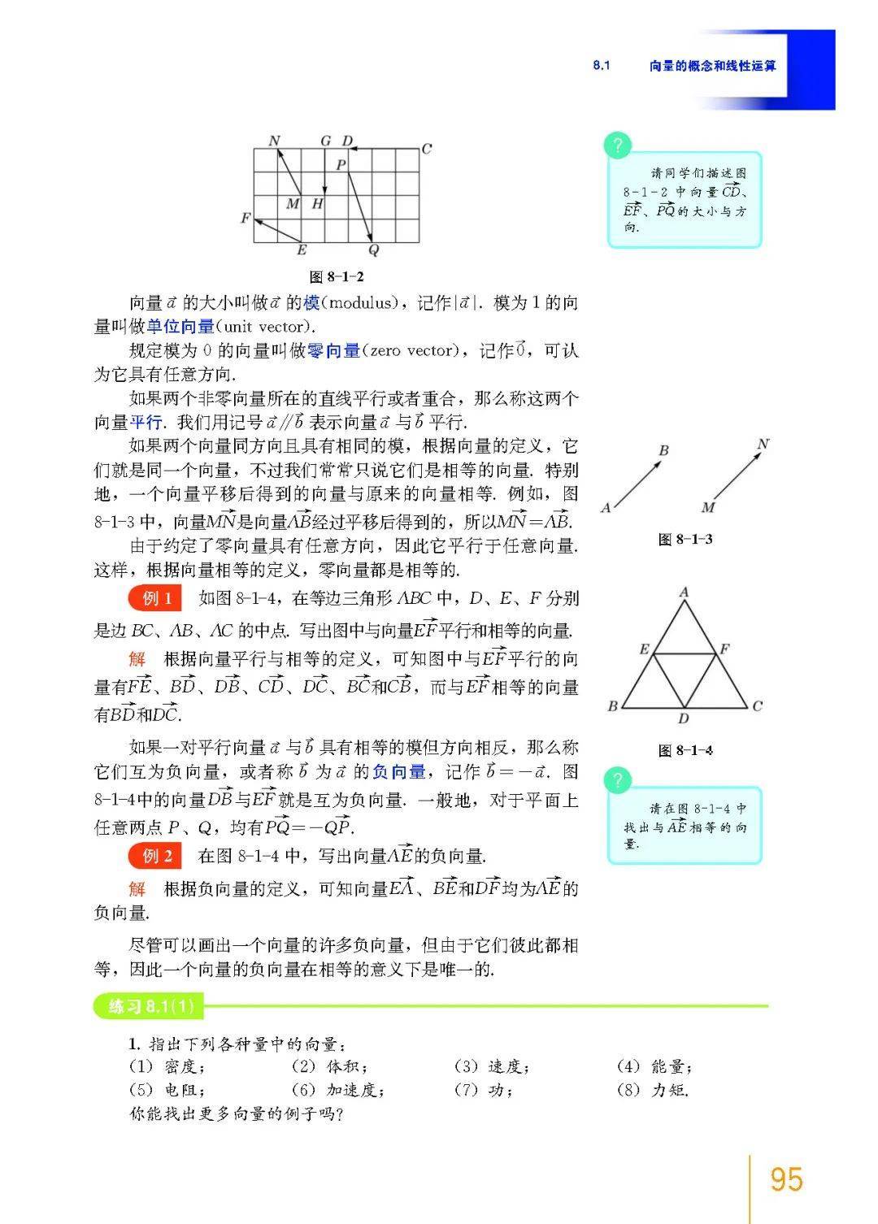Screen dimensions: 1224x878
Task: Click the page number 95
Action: (x=786, y=1179)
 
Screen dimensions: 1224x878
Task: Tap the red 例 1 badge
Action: (x=157, y=599)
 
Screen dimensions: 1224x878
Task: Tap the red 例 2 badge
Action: (x=157, y=856)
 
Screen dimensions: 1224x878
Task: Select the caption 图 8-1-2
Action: (x=337, y=277)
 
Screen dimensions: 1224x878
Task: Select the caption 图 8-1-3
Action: (x=685, y=539)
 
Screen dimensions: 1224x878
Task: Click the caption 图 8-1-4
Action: (x=685, y=750)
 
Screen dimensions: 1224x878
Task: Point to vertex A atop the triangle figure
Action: (x=685, y=592)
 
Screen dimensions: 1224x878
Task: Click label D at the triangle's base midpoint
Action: (x=684, y=719)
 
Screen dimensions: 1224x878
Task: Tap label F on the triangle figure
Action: (x=725, y=649)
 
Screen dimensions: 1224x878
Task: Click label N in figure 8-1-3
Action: (x=762, y=445)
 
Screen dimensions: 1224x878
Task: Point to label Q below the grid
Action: (x=373, y=250)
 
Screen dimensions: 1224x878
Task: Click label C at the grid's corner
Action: (x=427, y=149)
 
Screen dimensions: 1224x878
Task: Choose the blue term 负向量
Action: (x=398, y=771)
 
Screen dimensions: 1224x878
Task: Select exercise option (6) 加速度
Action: (x=337, y=1090)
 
